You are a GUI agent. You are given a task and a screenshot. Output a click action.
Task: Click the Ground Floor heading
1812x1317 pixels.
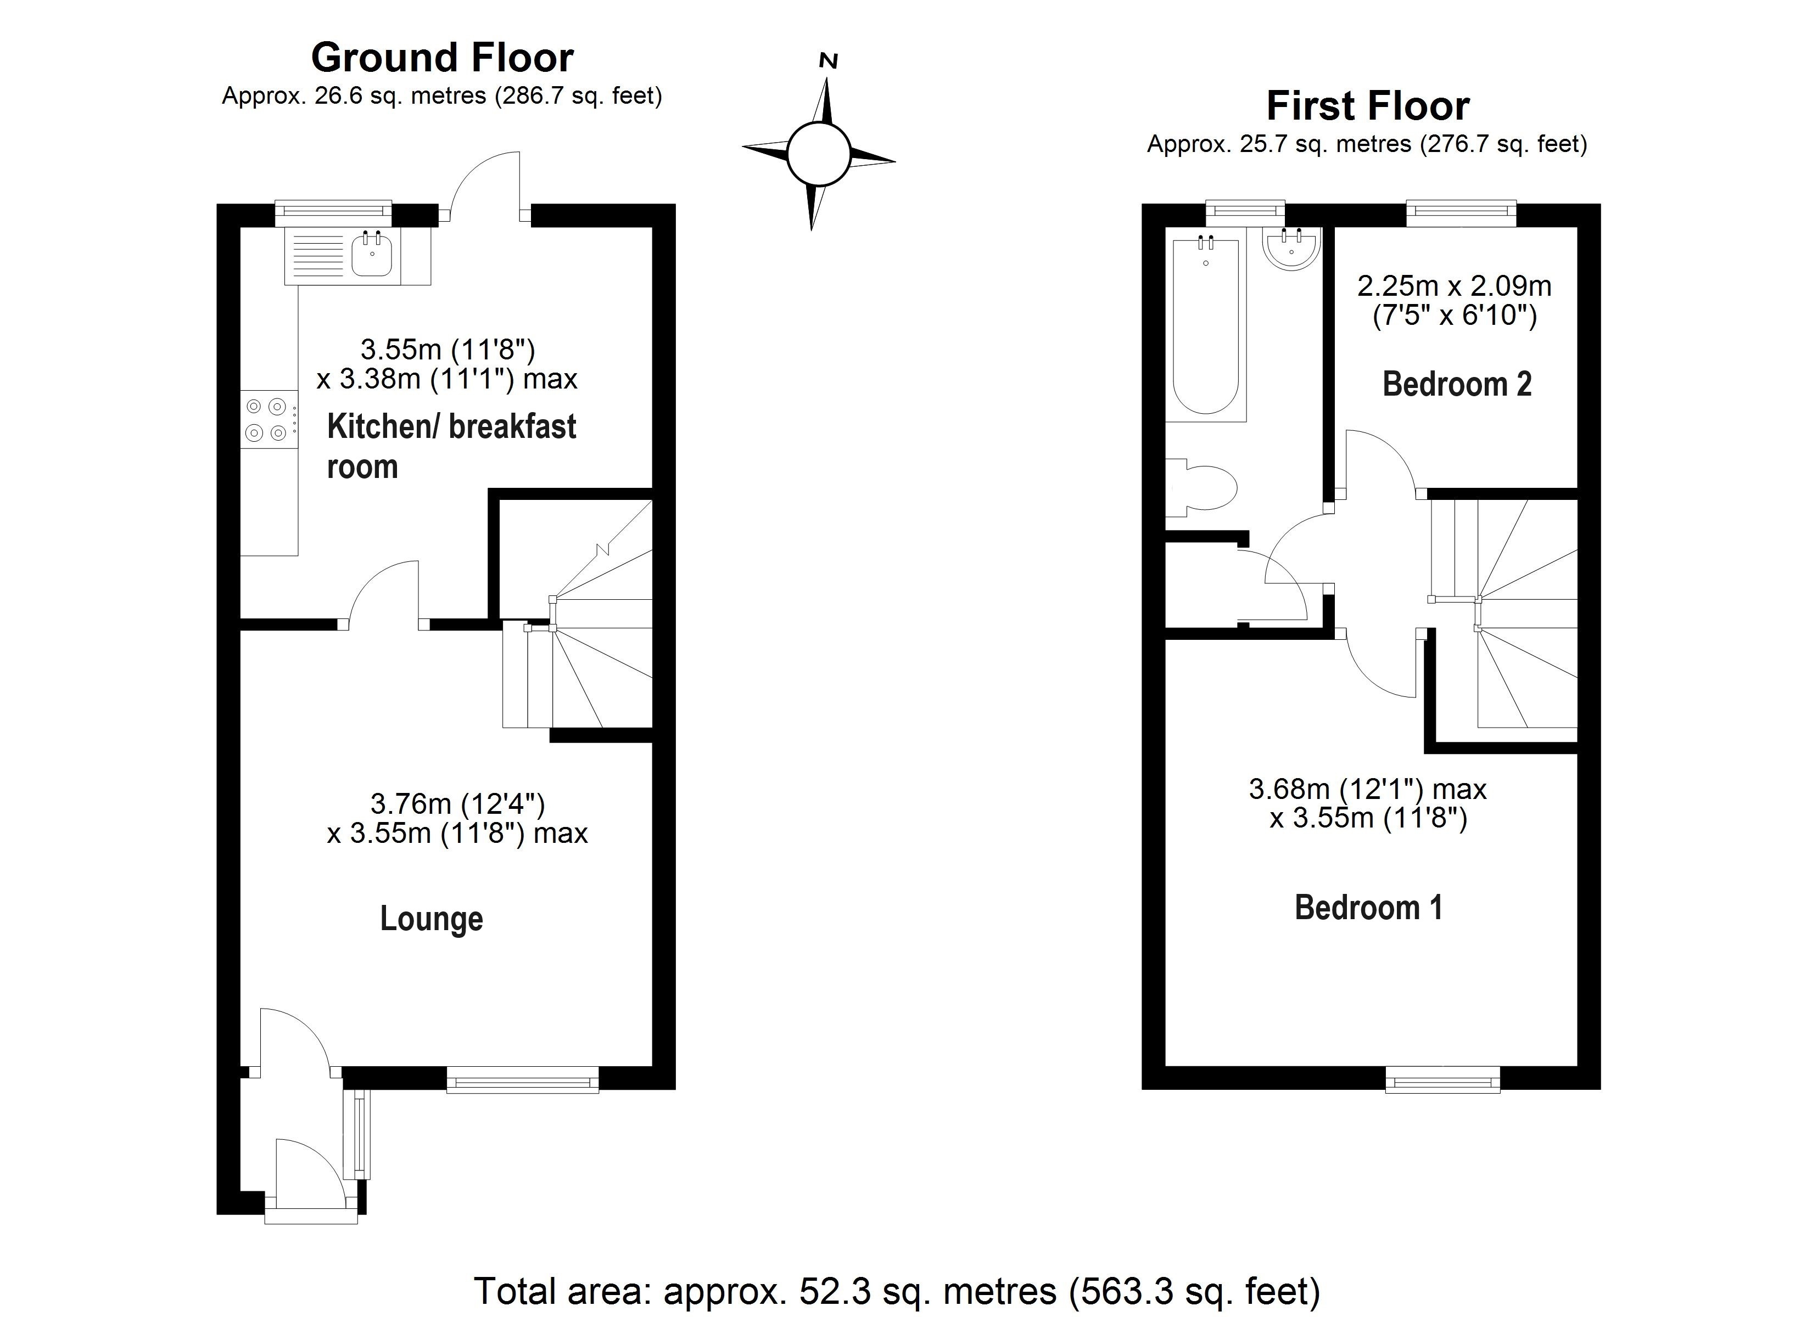point(442,58)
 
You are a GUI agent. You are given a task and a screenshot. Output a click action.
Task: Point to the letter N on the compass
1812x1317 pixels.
point(829,61)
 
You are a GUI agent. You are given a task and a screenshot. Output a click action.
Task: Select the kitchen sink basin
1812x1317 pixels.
point(372,254)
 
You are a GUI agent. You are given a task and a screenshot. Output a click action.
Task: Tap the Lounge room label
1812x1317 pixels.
point(432,919)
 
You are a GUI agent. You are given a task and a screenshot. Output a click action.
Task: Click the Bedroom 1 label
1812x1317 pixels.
point(1368,908)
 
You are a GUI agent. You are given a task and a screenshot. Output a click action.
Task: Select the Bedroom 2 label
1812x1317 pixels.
point(1457,384)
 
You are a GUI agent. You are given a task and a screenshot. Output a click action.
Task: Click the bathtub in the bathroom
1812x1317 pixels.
point(1206,326)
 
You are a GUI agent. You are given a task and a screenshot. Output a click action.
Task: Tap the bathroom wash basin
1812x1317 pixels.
point(1291,247)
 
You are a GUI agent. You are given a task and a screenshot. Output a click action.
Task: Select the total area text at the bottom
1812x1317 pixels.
point(897,1291)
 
